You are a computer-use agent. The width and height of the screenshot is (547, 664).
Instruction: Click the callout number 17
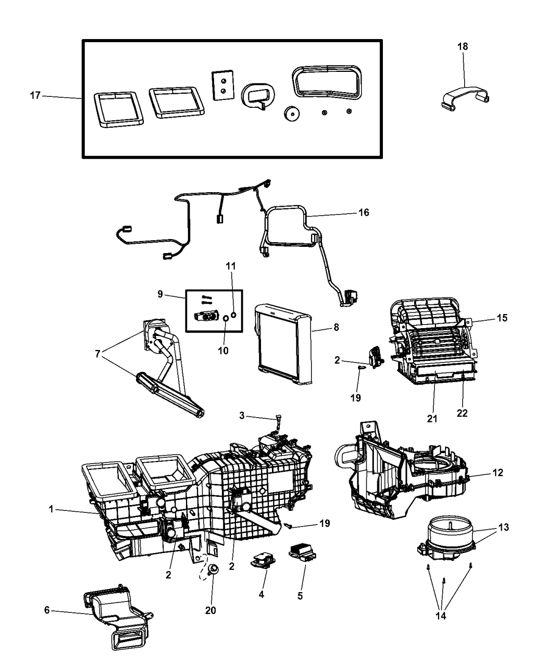pos(35,96)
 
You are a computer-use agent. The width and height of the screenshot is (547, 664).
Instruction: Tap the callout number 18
pos(462,46)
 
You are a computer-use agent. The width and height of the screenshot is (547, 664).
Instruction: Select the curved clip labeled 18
pos(465,97)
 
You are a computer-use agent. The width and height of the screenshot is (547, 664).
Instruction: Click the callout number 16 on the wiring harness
pos(363,212)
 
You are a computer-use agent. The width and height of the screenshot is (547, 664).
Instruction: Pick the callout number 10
pos(223,350)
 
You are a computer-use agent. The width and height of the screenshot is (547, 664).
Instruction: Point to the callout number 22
pos(462,413)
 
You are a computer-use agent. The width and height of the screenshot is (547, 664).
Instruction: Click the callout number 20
pos(210,610)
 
